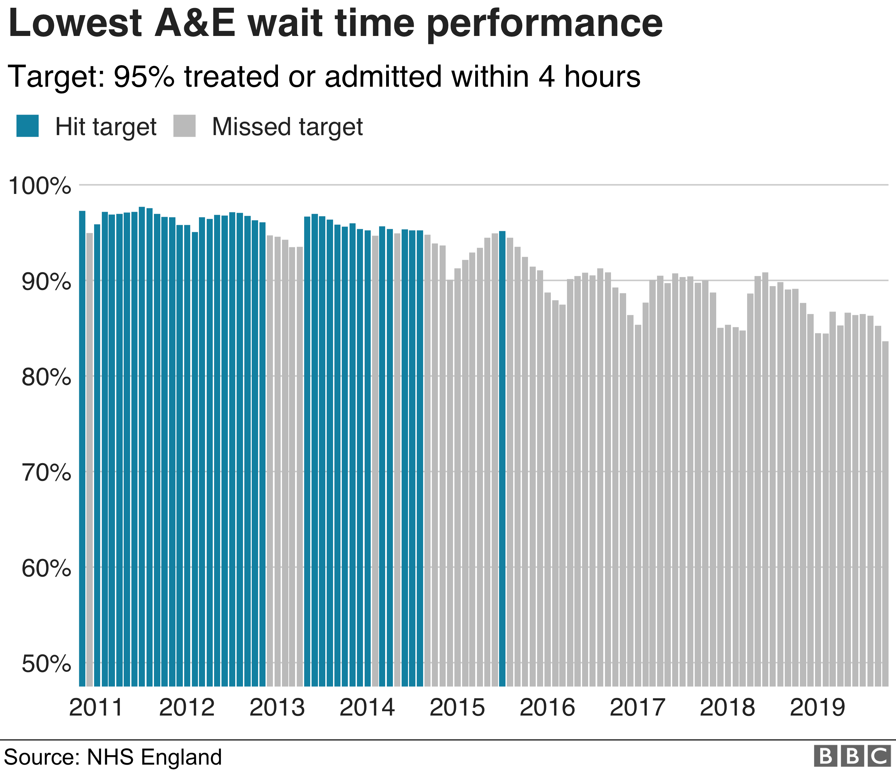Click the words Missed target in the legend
point(287,127)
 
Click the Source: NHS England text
point(113,757)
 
